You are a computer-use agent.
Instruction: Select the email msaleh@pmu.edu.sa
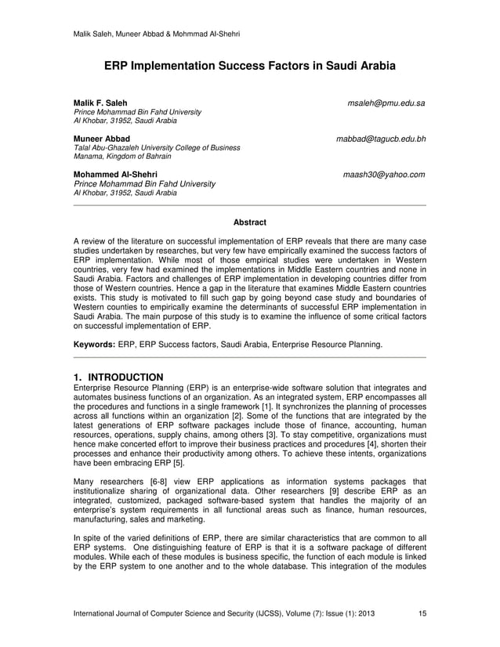pyautogui.click(x=387, y=103)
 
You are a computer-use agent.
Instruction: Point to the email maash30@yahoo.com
pyautogui.click(x=384, y=174)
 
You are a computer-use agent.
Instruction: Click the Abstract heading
pyautogui.click(x=250, y=223)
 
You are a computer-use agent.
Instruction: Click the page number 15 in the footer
pyautogui.click(x=422, y=613)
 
